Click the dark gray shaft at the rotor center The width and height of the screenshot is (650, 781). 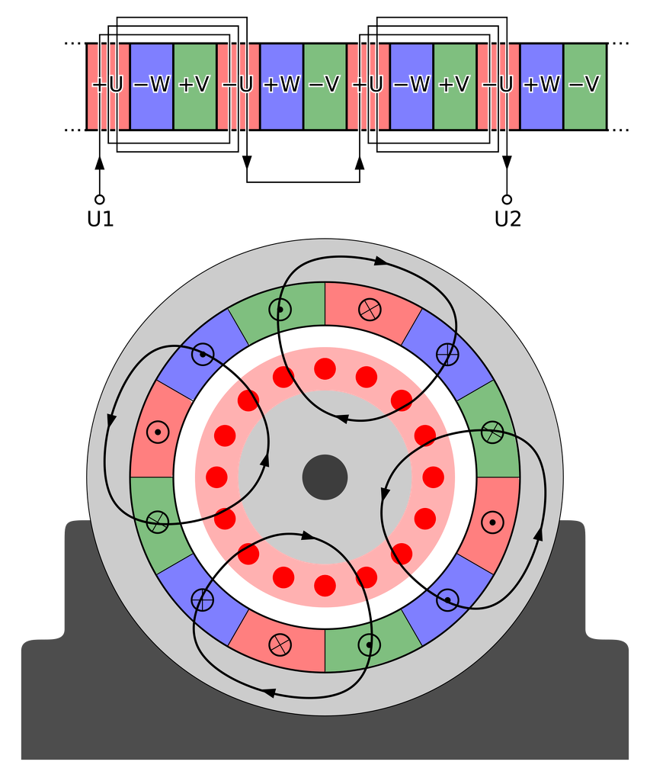[x=325, y=477]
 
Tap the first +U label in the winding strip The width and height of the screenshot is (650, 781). [x=107, y=85]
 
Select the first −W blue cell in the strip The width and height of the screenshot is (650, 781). [x=152, y=85]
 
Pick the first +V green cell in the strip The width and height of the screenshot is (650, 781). [x=194, y=85]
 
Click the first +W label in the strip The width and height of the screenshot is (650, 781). [x=281, y=85]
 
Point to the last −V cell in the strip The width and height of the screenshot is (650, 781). [x=584, y=85]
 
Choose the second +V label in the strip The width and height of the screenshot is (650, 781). [x=454, y=85]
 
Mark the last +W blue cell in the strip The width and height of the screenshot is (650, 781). [x=541, y=85]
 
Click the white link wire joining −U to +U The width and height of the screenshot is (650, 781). [x=303, y=181]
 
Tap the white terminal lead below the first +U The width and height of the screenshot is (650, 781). [x=99, y=182]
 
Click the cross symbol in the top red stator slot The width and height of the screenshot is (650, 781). [x=370, y=308]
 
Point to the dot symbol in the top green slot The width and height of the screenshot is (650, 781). [x=280, y=310]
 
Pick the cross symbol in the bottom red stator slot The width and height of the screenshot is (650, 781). [x=280, y=644]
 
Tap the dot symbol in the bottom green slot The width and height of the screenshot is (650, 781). [x=370, y=645]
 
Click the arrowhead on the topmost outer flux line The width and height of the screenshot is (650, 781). [x=379, y=262]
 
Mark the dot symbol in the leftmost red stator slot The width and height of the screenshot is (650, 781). [x=158, y=432]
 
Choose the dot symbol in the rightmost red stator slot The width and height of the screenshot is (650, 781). [x=492, y=522]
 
